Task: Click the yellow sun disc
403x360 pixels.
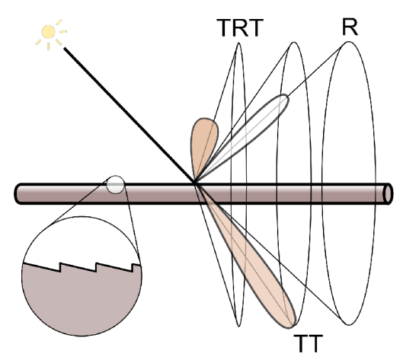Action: pyautogui.click(x=49, y=32)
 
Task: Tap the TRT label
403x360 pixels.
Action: pyautogui.click(x=240, y=28)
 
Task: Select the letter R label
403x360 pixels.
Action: pyautogui.click(x=350, y=27)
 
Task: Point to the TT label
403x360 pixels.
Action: pyautogui.click(x=308, y=344)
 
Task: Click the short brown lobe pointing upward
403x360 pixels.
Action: pyautogui.click(x=204, y=144)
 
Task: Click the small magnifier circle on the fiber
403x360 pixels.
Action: pyautogui.click(x=115, y=185)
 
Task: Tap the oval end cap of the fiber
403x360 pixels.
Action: pyautogui.click(x=388, y=194)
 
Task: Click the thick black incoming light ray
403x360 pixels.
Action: pyautogui.click(x=130, y=115)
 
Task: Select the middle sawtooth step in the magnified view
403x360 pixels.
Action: pyautogui.click(x=96, y=267)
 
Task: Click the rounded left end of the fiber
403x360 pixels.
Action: pyautogui.click(x=17, y=194)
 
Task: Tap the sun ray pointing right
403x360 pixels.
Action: pyautogui.click(x=63, y=32)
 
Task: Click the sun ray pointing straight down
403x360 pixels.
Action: pyautogui.click(x=48, y=46)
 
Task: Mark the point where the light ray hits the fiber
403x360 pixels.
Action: pyautogui.click(x=195, y=183)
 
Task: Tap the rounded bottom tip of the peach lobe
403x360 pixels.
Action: pyautogui.click(x=292, y=326)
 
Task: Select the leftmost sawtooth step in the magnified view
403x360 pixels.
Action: pyautogui.click(x=60, y=267)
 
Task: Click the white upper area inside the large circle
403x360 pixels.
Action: pyautogui.click(x=82, y=239)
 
